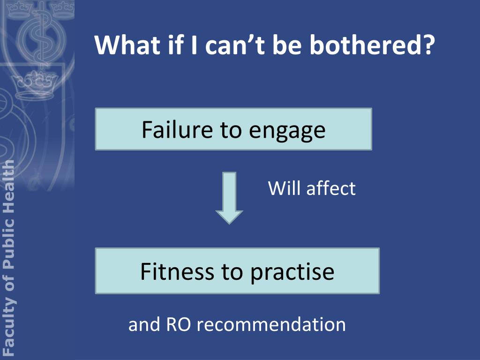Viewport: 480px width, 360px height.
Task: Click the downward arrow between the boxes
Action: tap(229, 197)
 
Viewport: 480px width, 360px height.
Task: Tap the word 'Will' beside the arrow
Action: tap(284, 188)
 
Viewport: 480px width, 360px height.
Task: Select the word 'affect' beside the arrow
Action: tap(331, 188)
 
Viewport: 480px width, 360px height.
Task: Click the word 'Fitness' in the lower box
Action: tap(173, 271)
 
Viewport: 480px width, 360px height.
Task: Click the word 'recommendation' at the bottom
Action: tap(271, 324)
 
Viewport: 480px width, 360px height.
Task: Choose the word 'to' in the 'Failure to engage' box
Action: tap(230, 130)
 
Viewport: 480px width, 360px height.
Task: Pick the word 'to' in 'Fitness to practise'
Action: tap(231, 271)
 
